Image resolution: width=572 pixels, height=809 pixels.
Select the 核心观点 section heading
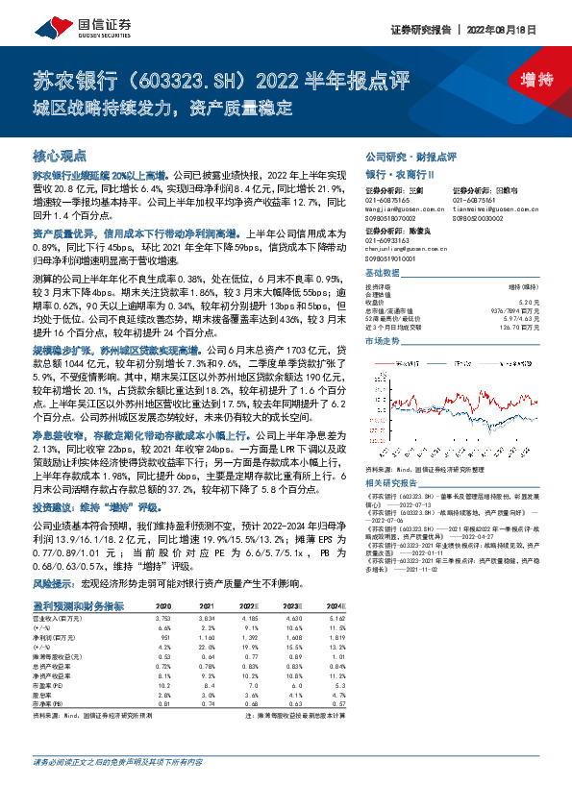(x=60, y=155)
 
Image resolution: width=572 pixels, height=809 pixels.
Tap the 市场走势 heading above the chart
(x=384, y=341)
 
